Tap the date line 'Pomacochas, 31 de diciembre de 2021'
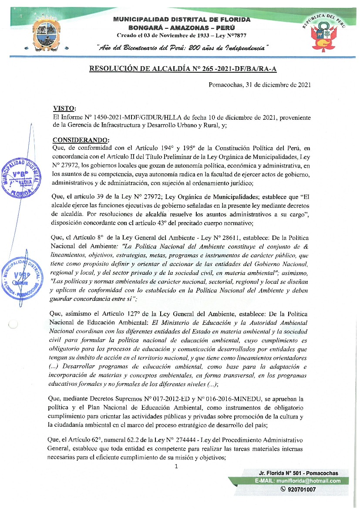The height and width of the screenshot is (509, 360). coord(259,85)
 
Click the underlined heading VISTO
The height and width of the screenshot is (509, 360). coord(64,108)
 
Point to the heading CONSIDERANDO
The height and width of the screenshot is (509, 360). coord(81,140)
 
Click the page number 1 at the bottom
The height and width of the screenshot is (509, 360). coord(176,466)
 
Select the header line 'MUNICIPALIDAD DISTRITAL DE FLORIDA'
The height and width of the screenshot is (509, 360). coord(182,20)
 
